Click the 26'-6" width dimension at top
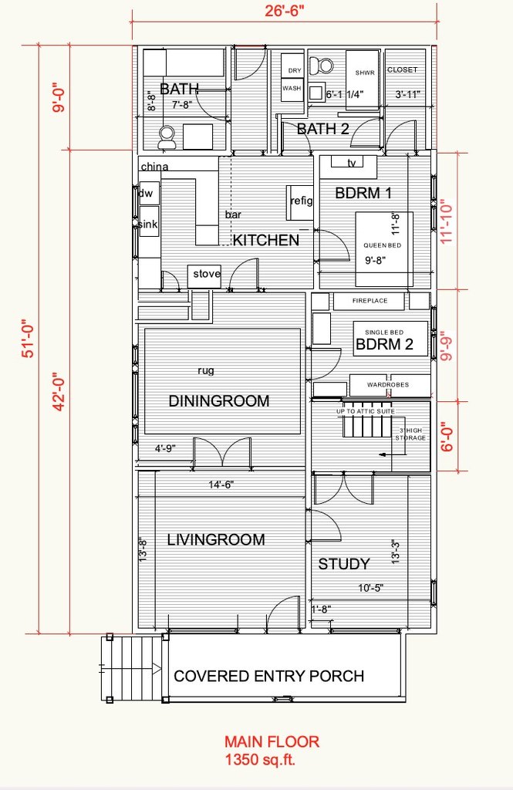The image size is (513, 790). [x=285, y=11]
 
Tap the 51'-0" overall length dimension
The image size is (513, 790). [x=29, y=338]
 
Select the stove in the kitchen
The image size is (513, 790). [x=204, y=276]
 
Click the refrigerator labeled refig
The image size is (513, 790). [x=301, y=202]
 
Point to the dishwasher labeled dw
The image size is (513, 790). [x=149, y=194]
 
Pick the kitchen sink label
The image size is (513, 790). [x=148, y=225]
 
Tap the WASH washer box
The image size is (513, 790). [x=292, y=89]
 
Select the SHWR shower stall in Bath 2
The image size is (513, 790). [x=363, y=79]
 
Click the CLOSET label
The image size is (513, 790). [x=402, y=69]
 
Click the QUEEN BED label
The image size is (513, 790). [x=383, y=245]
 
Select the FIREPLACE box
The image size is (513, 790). [x=370, y=301]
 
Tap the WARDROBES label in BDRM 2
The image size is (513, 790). [x=388, y=384]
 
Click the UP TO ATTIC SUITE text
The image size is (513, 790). [x=366, y=411]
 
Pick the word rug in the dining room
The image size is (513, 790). [x=206, y=370]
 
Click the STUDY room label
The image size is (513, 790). [x=344, y=564]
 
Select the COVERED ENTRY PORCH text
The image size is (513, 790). [x=269, y=676]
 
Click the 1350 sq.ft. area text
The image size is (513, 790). [x=260, y=759]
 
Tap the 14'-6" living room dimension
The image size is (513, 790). [x=221, y=484]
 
